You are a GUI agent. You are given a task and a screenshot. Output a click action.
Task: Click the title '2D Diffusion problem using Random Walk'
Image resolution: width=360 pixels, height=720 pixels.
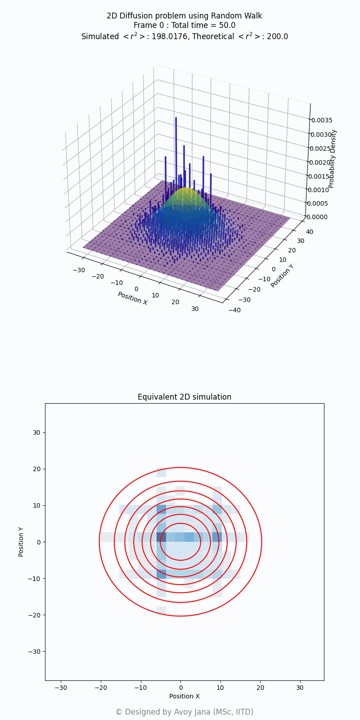coord(184,16)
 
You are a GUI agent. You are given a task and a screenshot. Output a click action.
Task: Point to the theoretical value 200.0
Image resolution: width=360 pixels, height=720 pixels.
coord(278,36)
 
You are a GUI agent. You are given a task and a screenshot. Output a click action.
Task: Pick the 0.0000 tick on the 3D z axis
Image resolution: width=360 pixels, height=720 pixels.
coord(319,217)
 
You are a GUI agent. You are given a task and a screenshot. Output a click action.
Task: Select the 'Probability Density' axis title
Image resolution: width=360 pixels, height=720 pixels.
coord(332,158)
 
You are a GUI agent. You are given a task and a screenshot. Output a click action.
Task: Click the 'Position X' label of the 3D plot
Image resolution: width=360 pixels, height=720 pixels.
coord(132,298)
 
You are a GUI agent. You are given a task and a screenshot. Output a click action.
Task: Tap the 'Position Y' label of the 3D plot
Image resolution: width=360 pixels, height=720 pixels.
coord(282,275)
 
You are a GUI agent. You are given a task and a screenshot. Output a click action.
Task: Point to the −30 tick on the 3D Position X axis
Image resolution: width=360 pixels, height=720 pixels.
coord(78,270)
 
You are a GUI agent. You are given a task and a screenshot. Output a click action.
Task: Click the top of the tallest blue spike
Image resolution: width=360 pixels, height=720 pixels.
coord(176,118)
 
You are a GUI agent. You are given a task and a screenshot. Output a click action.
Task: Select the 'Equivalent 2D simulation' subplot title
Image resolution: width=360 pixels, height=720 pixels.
coord(184,397)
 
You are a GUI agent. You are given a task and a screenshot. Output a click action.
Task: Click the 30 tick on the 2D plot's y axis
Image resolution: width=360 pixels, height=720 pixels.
coord(36,432)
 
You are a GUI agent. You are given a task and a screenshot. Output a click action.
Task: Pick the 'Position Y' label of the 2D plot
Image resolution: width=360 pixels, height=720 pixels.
coord(21,542)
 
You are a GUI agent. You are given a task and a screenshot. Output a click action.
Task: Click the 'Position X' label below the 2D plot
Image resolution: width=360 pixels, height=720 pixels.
coord(184,696)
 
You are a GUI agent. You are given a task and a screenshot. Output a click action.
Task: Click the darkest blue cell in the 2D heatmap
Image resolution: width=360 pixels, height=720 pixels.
coord(161,537)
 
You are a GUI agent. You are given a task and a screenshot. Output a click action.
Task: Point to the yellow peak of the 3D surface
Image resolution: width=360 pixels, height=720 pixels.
coord(185,189)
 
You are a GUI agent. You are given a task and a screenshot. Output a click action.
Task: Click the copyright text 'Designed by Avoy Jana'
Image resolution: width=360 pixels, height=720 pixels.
coord(184,712)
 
